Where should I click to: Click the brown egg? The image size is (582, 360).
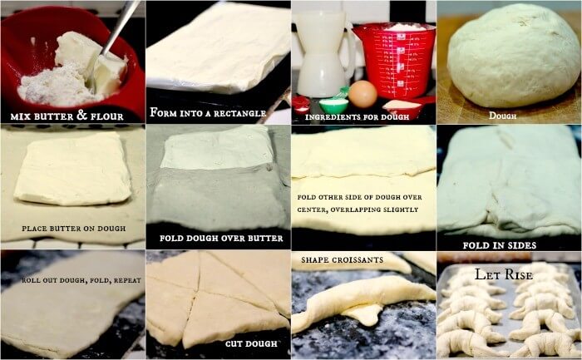(x=363, y=94)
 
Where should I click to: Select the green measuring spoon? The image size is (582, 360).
(x=333, y=104)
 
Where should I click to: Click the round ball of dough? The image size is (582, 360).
(x=513, y=55)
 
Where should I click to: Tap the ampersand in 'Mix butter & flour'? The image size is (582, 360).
(x=82, y=116)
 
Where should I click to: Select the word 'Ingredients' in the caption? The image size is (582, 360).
(x=324, y=117)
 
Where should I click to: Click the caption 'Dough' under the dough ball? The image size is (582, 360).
(x=502, y=116)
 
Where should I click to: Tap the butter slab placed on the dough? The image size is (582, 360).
(x=72, y=170)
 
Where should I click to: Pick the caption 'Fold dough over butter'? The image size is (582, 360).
(x=221, y=239)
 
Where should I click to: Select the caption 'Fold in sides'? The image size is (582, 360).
(x=500, y=245)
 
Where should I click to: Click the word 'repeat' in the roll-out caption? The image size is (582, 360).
(x=127, y=280)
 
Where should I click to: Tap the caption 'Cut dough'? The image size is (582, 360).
(x=251, y=344)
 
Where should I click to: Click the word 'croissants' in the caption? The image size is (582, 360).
(x=359, y=259)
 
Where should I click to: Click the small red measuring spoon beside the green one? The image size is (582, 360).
(x=301, y=104)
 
